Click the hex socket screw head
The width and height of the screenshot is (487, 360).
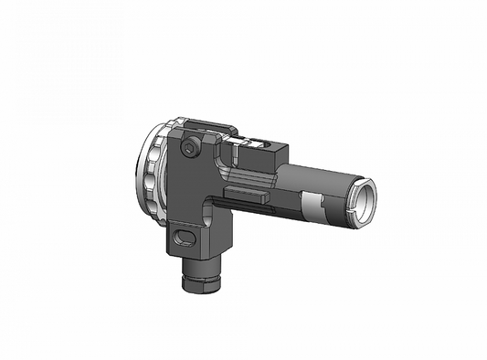point(189,149)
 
